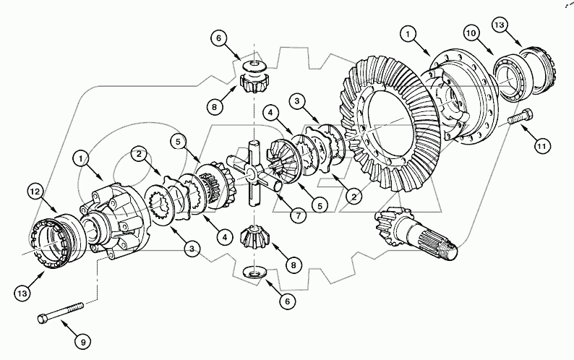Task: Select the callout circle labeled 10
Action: [471, 34]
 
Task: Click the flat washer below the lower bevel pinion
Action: [253, 271]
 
